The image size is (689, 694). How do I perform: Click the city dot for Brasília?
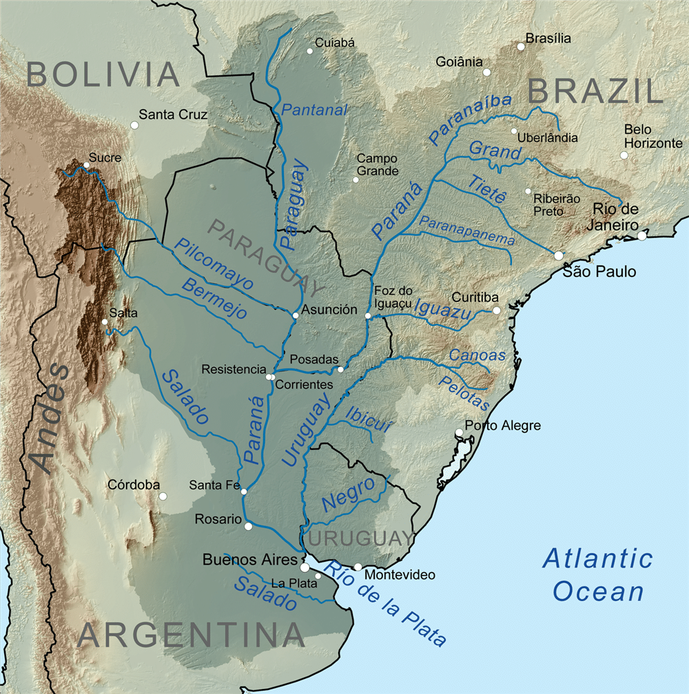521,47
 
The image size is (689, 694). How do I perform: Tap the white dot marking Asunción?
295,316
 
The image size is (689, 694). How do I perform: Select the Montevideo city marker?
358,567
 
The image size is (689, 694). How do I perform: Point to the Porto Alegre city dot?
459,433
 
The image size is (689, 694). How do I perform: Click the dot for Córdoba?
163,496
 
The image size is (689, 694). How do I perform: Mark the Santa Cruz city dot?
134,125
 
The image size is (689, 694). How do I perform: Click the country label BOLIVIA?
103,74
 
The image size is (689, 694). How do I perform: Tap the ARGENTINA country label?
191,635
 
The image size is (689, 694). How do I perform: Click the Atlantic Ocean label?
597,575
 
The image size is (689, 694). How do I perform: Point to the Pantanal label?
315,109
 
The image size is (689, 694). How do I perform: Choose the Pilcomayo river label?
214,263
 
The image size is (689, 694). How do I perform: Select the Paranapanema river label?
467,231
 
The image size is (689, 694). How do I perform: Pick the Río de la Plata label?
386,604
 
